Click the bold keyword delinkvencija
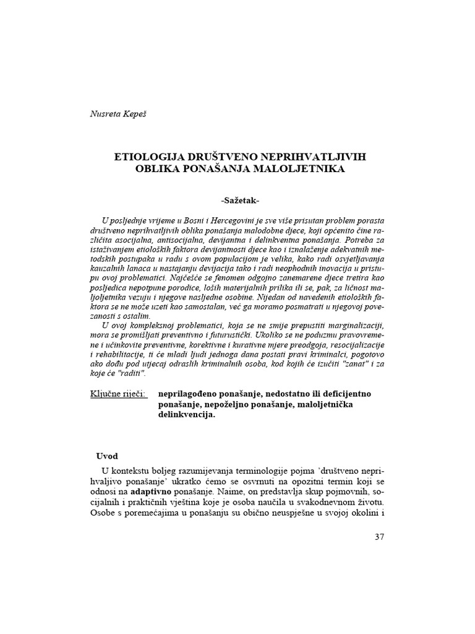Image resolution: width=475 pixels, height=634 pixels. tap(186, 415)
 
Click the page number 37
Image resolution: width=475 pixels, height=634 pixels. tap(380, 536)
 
